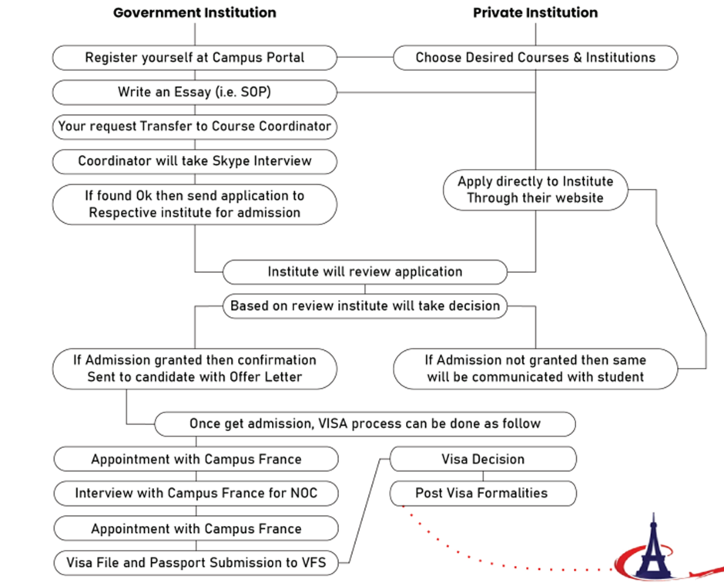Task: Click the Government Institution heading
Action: (194, 12)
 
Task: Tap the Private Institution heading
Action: (535, 12)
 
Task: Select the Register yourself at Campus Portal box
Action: (194, 58)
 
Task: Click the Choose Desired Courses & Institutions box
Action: (535, 58)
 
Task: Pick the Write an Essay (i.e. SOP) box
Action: (194, 92)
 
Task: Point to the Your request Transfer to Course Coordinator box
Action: (194, 126)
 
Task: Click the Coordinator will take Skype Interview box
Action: (194, 161)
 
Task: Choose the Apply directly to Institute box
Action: (535, 190)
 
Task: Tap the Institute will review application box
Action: (365, 272)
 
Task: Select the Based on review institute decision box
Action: (365, 306)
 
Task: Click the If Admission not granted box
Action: (535, 369)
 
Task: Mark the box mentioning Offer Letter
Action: (194, 369)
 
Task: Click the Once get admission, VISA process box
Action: (365, 424)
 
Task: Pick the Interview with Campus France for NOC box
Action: (196, 494)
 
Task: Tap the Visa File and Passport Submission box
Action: (196, 563)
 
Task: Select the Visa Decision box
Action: (483, 459)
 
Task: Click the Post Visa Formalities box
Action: (483, 494)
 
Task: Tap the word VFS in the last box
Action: (313, 563)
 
